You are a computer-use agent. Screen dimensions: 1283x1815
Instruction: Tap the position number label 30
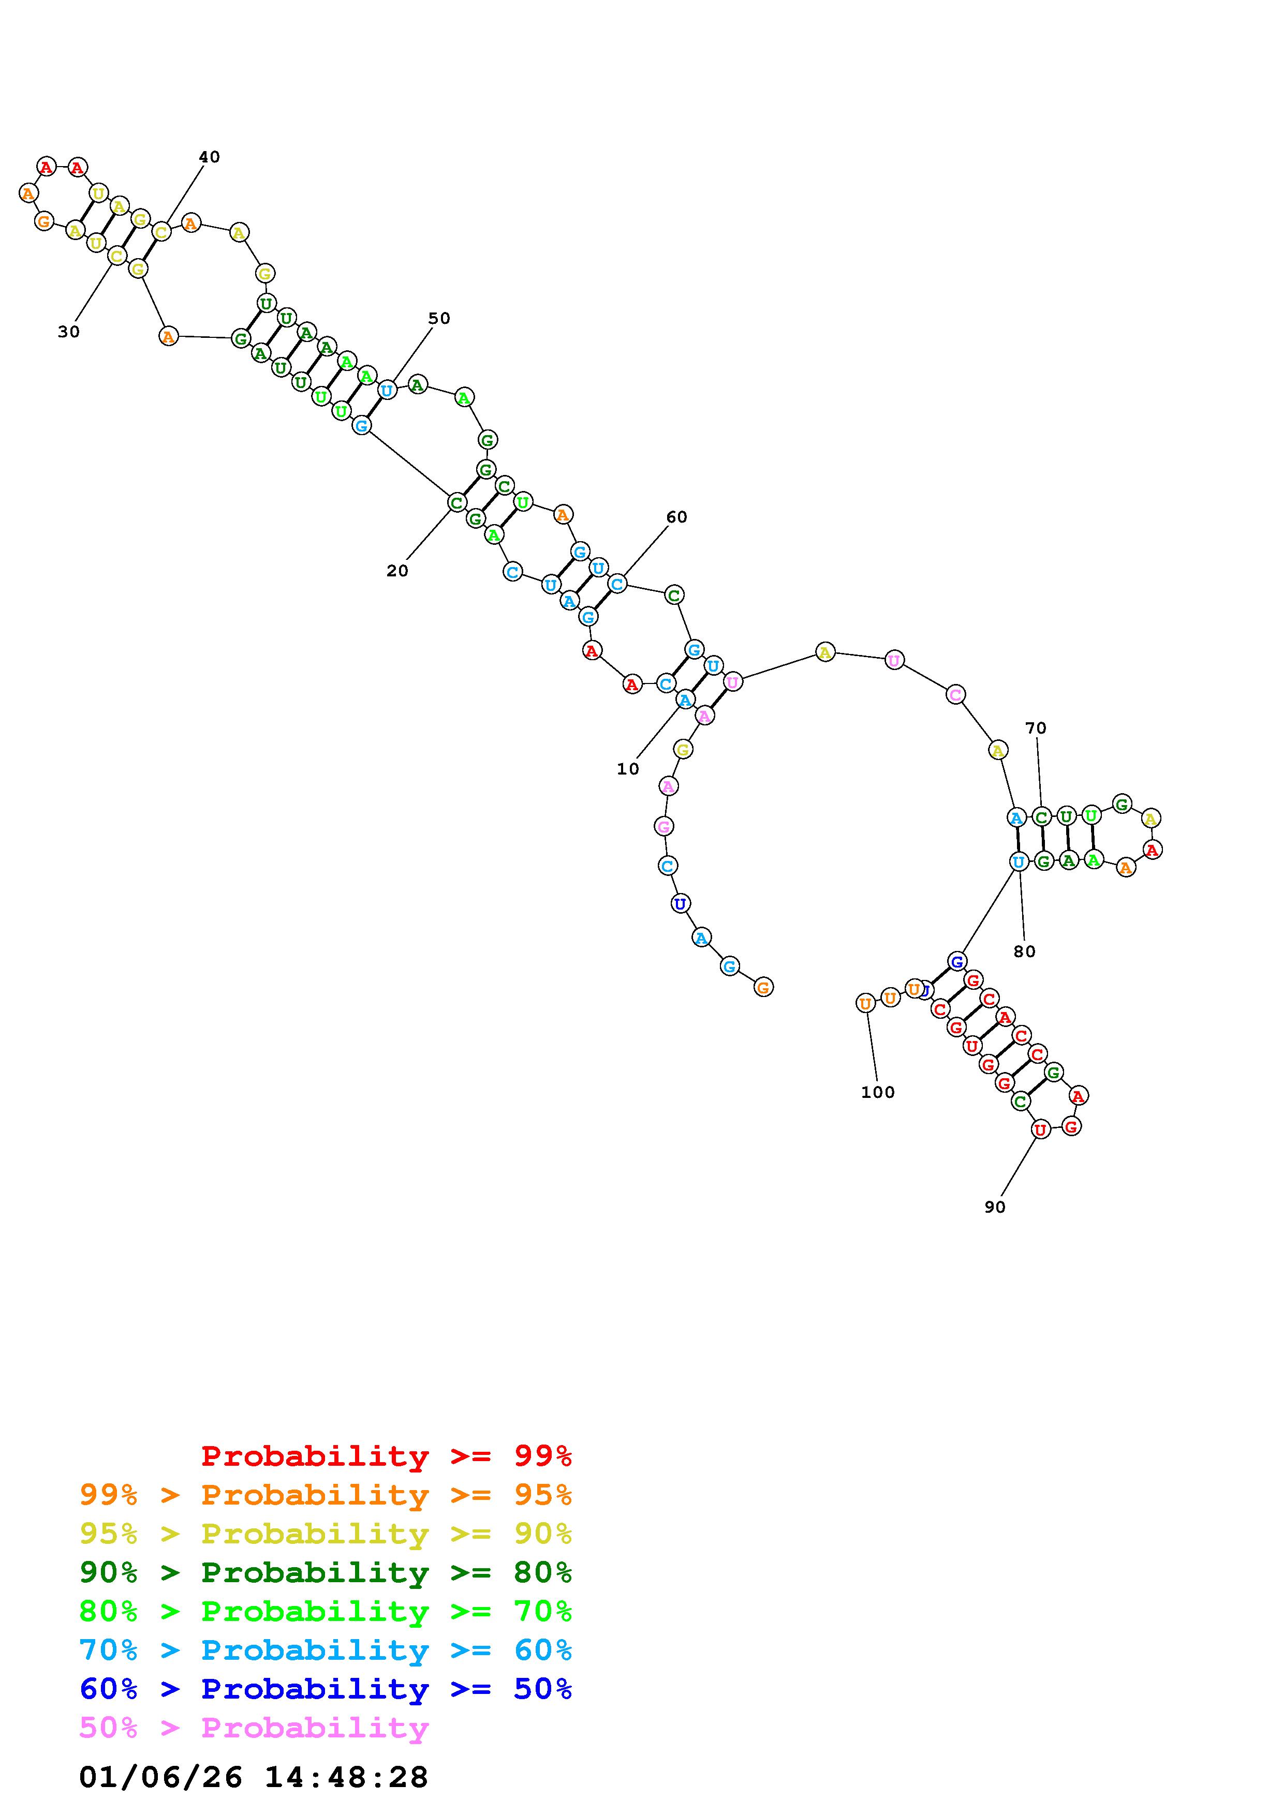point(69,332)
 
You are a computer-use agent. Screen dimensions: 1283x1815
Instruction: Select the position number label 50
point(439,319)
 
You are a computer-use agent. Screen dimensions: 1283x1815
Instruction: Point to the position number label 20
point(397,571)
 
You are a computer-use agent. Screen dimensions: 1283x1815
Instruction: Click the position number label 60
point(676,517)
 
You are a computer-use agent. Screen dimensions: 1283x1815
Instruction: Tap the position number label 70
point(1036,728)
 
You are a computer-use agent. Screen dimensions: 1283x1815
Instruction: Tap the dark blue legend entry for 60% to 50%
point(326,1689)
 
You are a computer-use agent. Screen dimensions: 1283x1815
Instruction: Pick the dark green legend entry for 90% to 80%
point(326,1573)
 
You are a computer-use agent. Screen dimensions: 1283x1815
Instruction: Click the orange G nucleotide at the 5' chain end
point(763,987)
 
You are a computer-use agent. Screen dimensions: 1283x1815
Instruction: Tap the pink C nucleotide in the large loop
point(956,695)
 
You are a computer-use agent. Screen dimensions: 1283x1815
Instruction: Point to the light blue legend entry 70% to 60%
point(326,1650)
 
